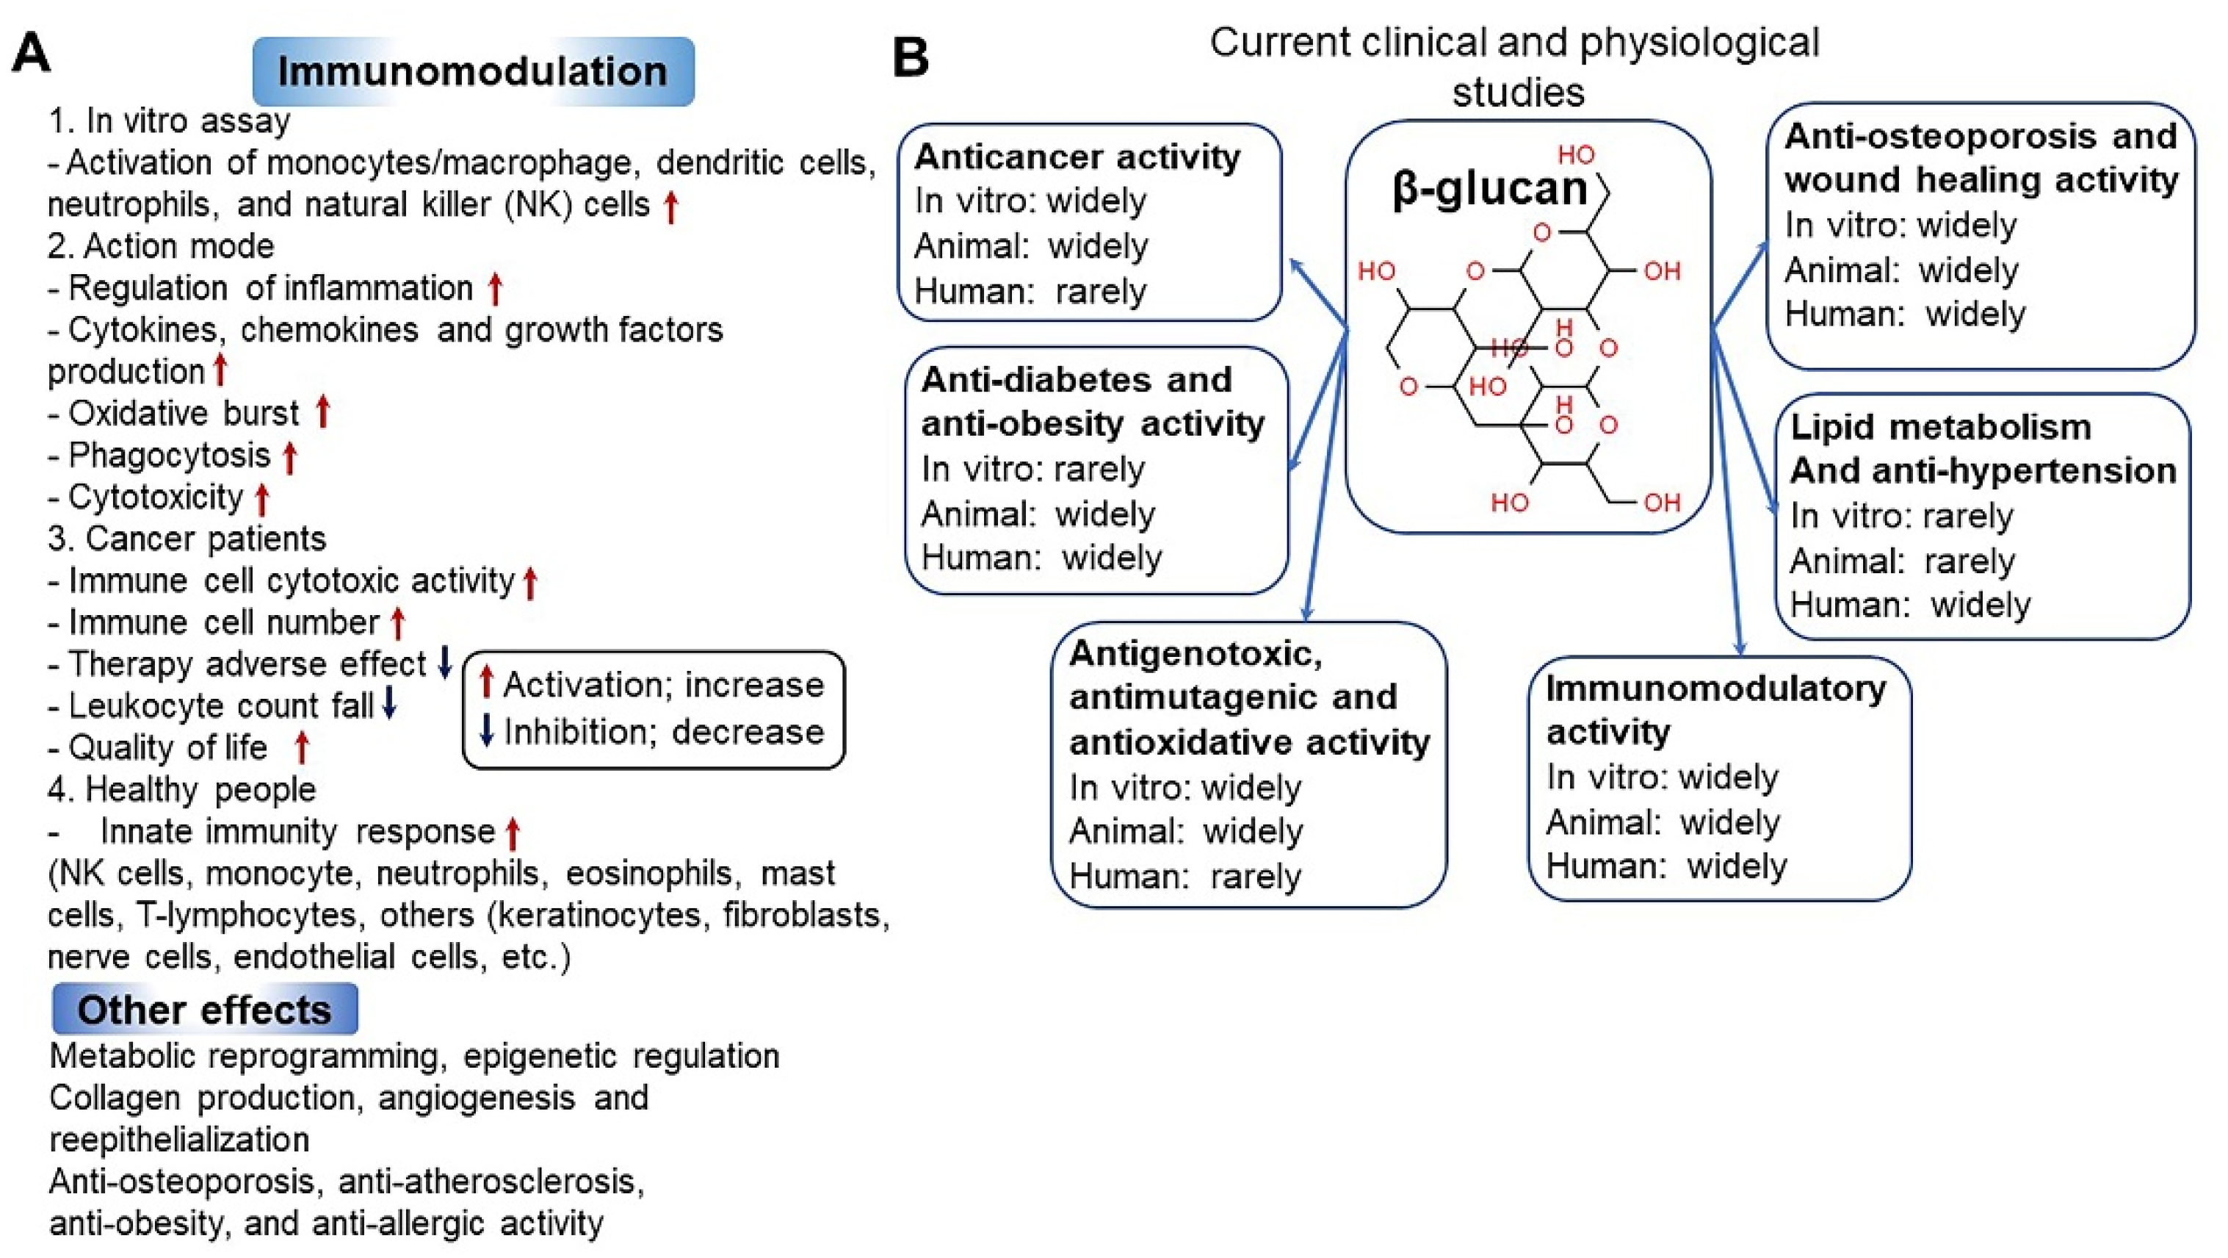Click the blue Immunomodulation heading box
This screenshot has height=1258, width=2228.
pyautogui.click(x=473, y=72)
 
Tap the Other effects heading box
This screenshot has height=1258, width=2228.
pyautogui.click(x=205, y=1009)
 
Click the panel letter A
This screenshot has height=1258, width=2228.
pyautogui.click(x=30, y=54)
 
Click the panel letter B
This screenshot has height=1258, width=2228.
pyautogui.click(x=910, y=57)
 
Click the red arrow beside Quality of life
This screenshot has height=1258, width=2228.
pyautogui.click(x=302, y=747)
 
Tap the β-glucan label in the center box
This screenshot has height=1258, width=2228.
pyautogui.click(x=1489, y=188)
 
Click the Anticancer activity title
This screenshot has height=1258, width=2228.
pyautogui.click(x=1077, y=157)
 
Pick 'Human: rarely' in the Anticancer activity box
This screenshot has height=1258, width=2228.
pyautogui.click(x=1030, y=292)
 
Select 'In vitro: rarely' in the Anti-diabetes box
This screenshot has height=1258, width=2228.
pyautogui.click(x=1032, y=469)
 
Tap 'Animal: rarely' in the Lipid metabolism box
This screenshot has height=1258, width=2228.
pyautogui.click(x=1902, y=561)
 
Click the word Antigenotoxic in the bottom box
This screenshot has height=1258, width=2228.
pyautogui.click(x=1196, y=653)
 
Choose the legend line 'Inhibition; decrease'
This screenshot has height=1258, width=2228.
pyautogui.click(x=663, y=732)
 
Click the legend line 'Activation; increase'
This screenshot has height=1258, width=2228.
pyautogui.click(x=663, y=684)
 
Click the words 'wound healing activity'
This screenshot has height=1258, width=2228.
pyautogui.click(x=1981, y=180)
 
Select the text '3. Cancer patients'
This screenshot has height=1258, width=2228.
pyautogui.click(x=187, y=538)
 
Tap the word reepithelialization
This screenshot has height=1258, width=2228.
pyautogui.click(x=179, y=1139)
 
